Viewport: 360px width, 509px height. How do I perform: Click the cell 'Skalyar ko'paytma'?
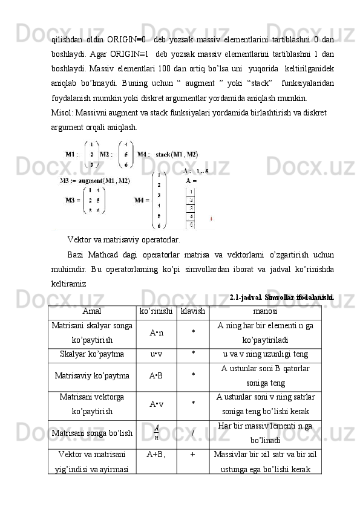point(93,354)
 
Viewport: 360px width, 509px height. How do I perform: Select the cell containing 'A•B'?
point(157,376)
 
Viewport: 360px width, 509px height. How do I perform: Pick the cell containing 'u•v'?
point(157,354)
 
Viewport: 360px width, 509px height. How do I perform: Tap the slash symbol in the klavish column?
point(192,433)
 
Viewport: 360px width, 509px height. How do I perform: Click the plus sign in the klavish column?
point(192,455)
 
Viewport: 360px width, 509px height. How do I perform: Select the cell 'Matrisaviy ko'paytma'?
point(93,376)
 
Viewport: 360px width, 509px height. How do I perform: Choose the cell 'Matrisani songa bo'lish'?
point(93,433)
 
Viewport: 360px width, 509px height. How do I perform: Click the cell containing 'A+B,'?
point(157,455)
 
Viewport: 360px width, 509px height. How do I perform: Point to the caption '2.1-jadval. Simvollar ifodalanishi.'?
point(282,296)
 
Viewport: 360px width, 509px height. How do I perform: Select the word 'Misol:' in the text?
point(61,112)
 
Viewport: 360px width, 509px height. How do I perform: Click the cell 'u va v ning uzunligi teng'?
point(264,354)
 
